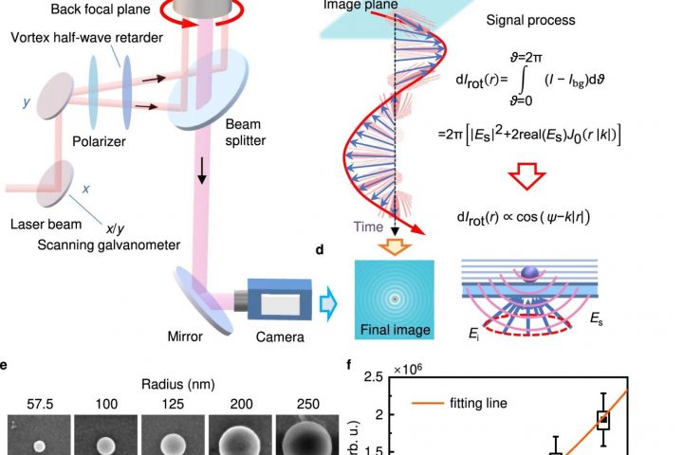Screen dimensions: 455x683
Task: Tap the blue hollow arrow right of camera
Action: [328, 302]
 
